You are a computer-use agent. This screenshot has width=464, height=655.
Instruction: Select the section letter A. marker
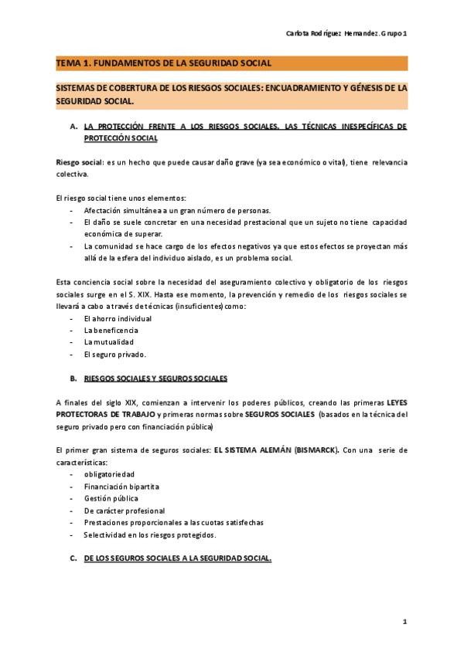click(x=73, y=126)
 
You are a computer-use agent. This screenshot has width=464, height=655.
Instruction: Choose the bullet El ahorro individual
click(x=118, y=318)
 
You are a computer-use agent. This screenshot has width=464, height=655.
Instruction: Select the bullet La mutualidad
click(x=109, y=341)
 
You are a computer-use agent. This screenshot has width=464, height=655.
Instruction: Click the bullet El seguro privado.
click(x=115, y=354)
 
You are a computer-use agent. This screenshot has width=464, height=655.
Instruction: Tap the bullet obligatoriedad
click(x=109, y=473)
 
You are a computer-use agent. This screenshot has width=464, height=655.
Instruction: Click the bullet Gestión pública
click(x=111, y=498)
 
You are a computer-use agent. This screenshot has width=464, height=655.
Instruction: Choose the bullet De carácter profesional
click(x=125, y=511)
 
